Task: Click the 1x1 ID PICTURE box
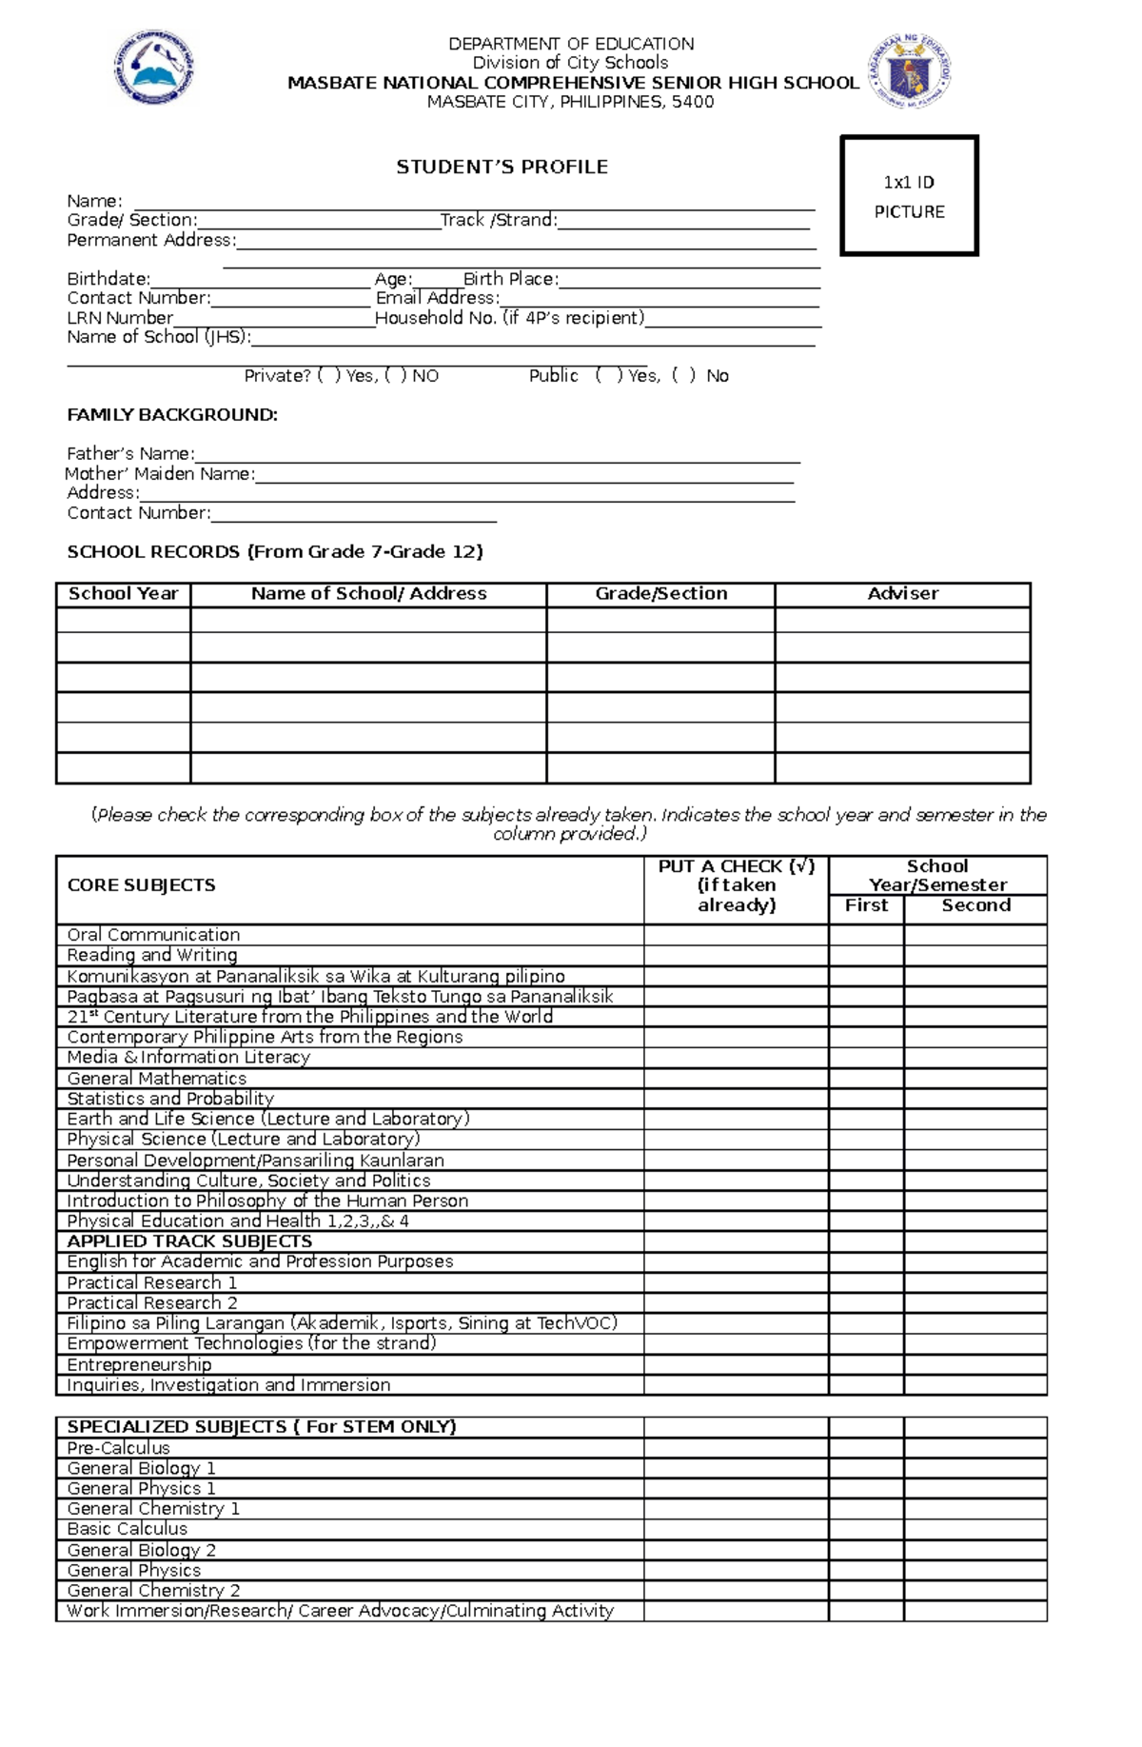click(x=909, y=196)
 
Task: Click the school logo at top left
click(x=154, y=67)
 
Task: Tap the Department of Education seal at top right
click(x=909, y=71)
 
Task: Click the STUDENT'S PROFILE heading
click(x=502, y=167)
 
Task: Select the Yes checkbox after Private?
click(x=329, y=376)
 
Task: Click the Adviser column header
click(x=902, y=594)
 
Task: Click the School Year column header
click(x=123, y=594)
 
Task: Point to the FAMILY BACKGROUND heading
click(x=172, y=415)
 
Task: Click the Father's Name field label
click(x=130, y=454)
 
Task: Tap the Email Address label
click(x=437, y=298)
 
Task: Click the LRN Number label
click(x=120, y=318)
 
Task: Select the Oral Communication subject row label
click(x=153, y=935)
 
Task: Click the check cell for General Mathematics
click(x=736, y=1079)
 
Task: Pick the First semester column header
click(x=866, y=906)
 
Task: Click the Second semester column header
click(x=975, y=906)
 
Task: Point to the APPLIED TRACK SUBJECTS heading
click(x=189, y=1241)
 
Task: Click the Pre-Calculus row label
click(x=118, y=1448)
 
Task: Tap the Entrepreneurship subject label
click(x=139, y=1364)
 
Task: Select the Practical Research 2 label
click(x=152, y=1303)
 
